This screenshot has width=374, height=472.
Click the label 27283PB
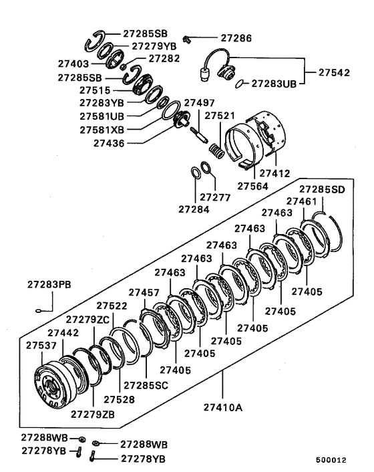49,284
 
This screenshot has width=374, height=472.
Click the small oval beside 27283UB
240,84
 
